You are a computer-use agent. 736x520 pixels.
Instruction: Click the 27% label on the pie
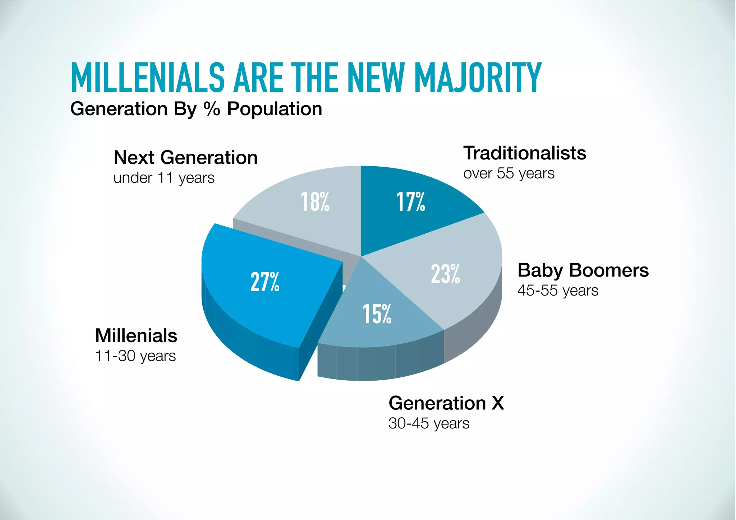coord(265,282)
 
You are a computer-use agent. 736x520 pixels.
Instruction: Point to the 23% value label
coord(445,274)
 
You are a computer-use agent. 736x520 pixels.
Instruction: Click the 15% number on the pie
coord(377,314)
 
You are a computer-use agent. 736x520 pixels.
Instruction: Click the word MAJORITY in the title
coord(478,78)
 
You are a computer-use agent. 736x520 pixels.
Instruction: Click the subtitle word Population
coord(275,109)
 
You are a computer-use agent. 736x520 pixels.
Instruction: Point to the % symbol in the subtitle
coord(211,109)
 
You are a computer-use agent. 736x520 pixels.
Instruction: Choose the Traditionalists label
coord(525,153)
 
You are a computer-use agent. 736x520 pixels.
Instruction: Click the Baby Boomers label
coord(583,270)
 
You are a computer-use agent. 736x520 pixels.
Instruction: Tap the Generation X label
coord(446,403)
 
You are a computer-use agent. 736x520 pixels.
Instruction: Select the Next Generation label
coord(185,158)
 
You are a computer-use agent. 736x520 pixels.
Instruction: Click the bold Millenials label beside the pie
coord(136,336)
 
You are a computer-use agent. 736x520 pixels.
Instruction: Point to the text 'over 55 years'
coord(509,173)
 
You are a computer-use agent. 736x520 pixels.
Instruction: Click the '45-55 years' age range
coord(558,291)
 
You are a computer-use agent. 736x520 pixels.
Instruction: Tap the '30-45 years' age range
coord(429,423)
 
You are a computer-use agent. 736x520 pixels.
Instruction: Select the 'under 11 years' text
coord(164,178)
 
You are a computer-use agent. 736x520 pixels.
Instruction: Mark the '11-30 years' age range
coord(135,356)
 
